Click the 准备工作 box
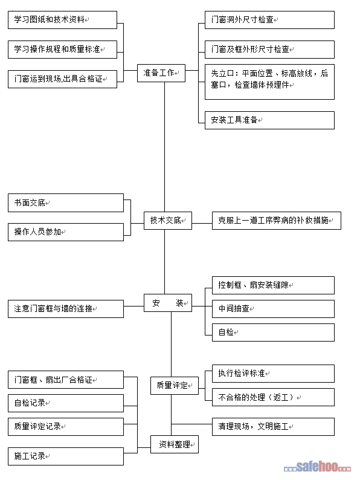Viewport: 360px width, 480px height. coord(161,73)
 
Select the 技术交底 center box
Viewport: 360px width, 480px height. coord(168,221)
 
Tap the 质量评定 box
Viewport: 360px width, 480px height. coord(175,386)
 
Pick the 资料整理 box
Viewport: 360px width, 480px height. coord(175,444)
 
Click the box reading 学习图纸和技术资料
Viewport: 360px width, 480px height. coord(62,20)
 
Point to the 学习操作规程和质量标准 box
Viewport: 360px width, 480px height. coord(62,50)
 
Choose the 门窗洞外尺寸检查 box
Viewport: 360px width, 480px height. coord(269,20)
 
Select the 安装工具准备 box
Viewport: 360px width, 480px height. coord(269,120)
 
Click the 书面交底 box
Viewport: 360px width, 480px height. coord(66,203)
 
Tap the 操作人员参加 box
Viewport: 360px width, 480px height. coord(66,232)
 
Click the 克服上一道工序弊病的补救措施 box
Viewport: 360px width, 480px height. coord(277,221)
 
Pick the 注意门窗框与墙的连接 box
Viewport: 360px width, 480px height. coord(66,309)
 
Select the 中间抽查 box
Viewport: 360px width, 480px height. coord(273,309)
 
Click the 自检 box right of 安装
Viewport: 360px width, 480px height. coord(273,332)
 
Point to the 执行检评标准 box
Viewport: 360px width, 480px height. coord(273,374)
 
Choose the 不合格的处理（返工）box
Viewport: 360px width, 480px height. coord(273,397)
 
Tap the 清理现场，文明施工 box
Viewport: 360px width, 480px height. coord(273,427)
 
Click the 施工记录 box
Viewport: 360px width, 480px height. coord(66,456)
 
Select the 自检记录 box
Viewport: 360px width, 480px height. coord(66,403)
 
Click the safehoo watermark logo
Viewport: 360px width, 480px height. coord(317,467)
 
